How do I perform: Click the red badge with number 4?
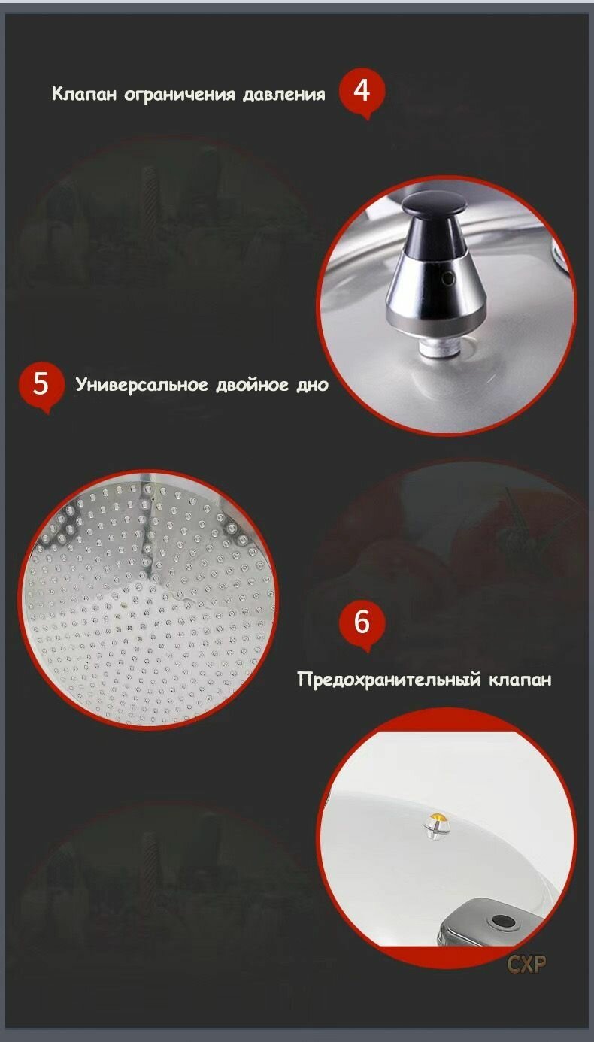(362, 92)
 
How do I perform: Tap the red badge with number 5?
(41, 386)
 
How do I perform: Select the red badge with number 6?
(362, 622)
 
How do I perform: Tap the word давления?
(283, 95)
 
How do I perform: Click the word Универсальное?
(142, 386)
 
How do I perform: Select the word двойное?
(252, 386)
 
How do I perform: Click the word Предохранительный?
(389, 680)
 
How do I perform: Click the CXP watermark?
(526, 965)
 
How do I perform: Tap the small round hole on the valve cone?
(449, 279)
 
